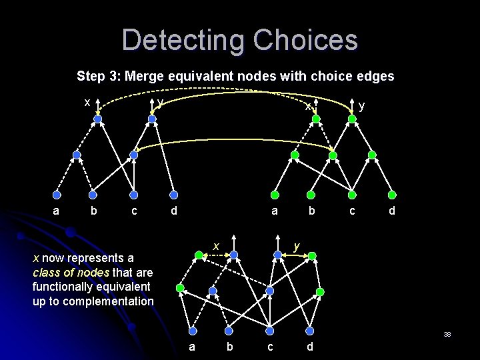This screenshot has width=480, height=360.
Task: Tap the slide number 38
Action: point(447,334)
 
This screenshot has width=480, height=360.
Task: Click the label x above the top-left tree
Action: point(87,102)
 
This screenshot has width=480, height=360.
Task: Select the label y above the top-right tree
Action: point(361,105)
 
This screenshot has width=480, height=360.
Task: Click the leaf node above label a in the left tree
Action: point(57,195)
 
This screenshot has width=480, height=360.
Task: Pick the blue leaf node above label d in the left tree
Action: point(173,195)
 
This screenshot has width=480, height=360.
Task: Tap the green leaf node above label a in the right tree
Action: point(275,195)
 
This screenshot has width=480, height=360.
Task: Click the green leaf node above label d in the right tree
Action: point(392,195)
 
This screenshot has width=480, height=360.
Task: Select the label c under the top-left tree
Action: point(134,211)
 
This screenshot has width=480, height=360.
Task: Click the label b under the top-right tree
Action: point(311,211)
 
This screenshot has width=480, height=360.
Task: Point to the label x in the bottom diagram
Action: point(215,246)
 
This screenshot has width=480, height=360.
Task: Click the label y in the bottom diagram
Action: point(297,246)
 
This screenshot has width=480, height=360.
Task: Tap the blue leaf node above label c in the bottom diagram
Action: point(270,328)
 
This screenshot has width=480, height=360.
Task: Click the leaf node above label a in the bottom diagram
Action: point(192,328)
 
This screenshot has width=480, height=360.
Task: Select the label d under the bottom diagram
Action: point(309,346)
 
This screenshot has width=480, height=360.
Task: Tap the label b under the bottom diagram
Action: point(230,346)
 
